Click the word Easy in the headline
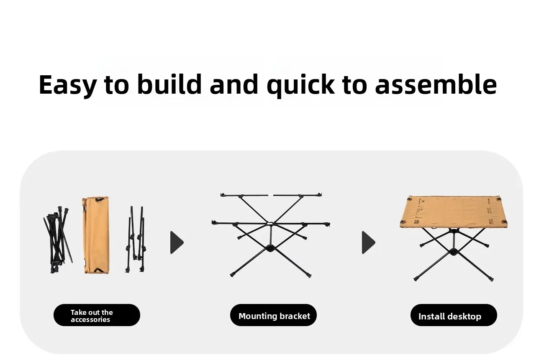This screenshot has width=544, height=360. coord(68,84)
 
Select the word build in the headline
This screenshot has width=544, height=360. coord(169,84)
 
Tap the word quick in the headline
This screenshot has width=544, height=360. coord(300,85)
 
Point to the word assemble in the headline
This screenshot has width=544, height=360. coord(436,84)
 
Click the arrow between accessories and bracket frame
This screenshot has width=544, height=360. coord(177,243)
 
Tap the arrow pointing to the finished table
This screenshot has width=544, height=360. coord(368,243)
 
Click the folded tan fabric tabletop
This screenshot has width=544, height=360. coord(96,235)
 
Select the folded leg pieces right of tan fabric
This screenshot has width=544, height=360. coord(136,239)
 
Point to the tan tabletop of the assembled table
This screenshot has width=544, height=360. coord(454,212)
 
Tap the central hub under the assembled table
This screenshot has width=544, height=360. coord(453,252)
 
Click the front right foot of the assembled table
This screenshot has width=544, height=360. coord(491,279)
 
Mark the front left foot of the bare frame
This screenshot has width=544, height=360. coord(232,275)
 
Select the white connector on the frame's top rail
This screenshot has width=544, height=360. coord(270,195)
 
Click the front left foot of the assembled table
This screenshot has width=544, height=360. coord(416,279)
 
